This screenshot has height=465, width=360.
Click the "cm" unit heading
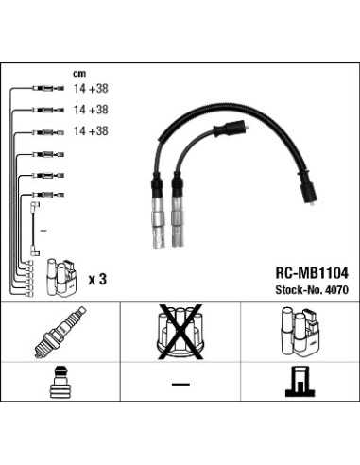[79, 73]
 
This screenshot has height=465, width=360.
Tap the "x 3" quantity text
[97, 280]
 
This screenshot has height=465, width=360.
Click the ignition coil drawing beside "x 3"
[61, 273]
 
